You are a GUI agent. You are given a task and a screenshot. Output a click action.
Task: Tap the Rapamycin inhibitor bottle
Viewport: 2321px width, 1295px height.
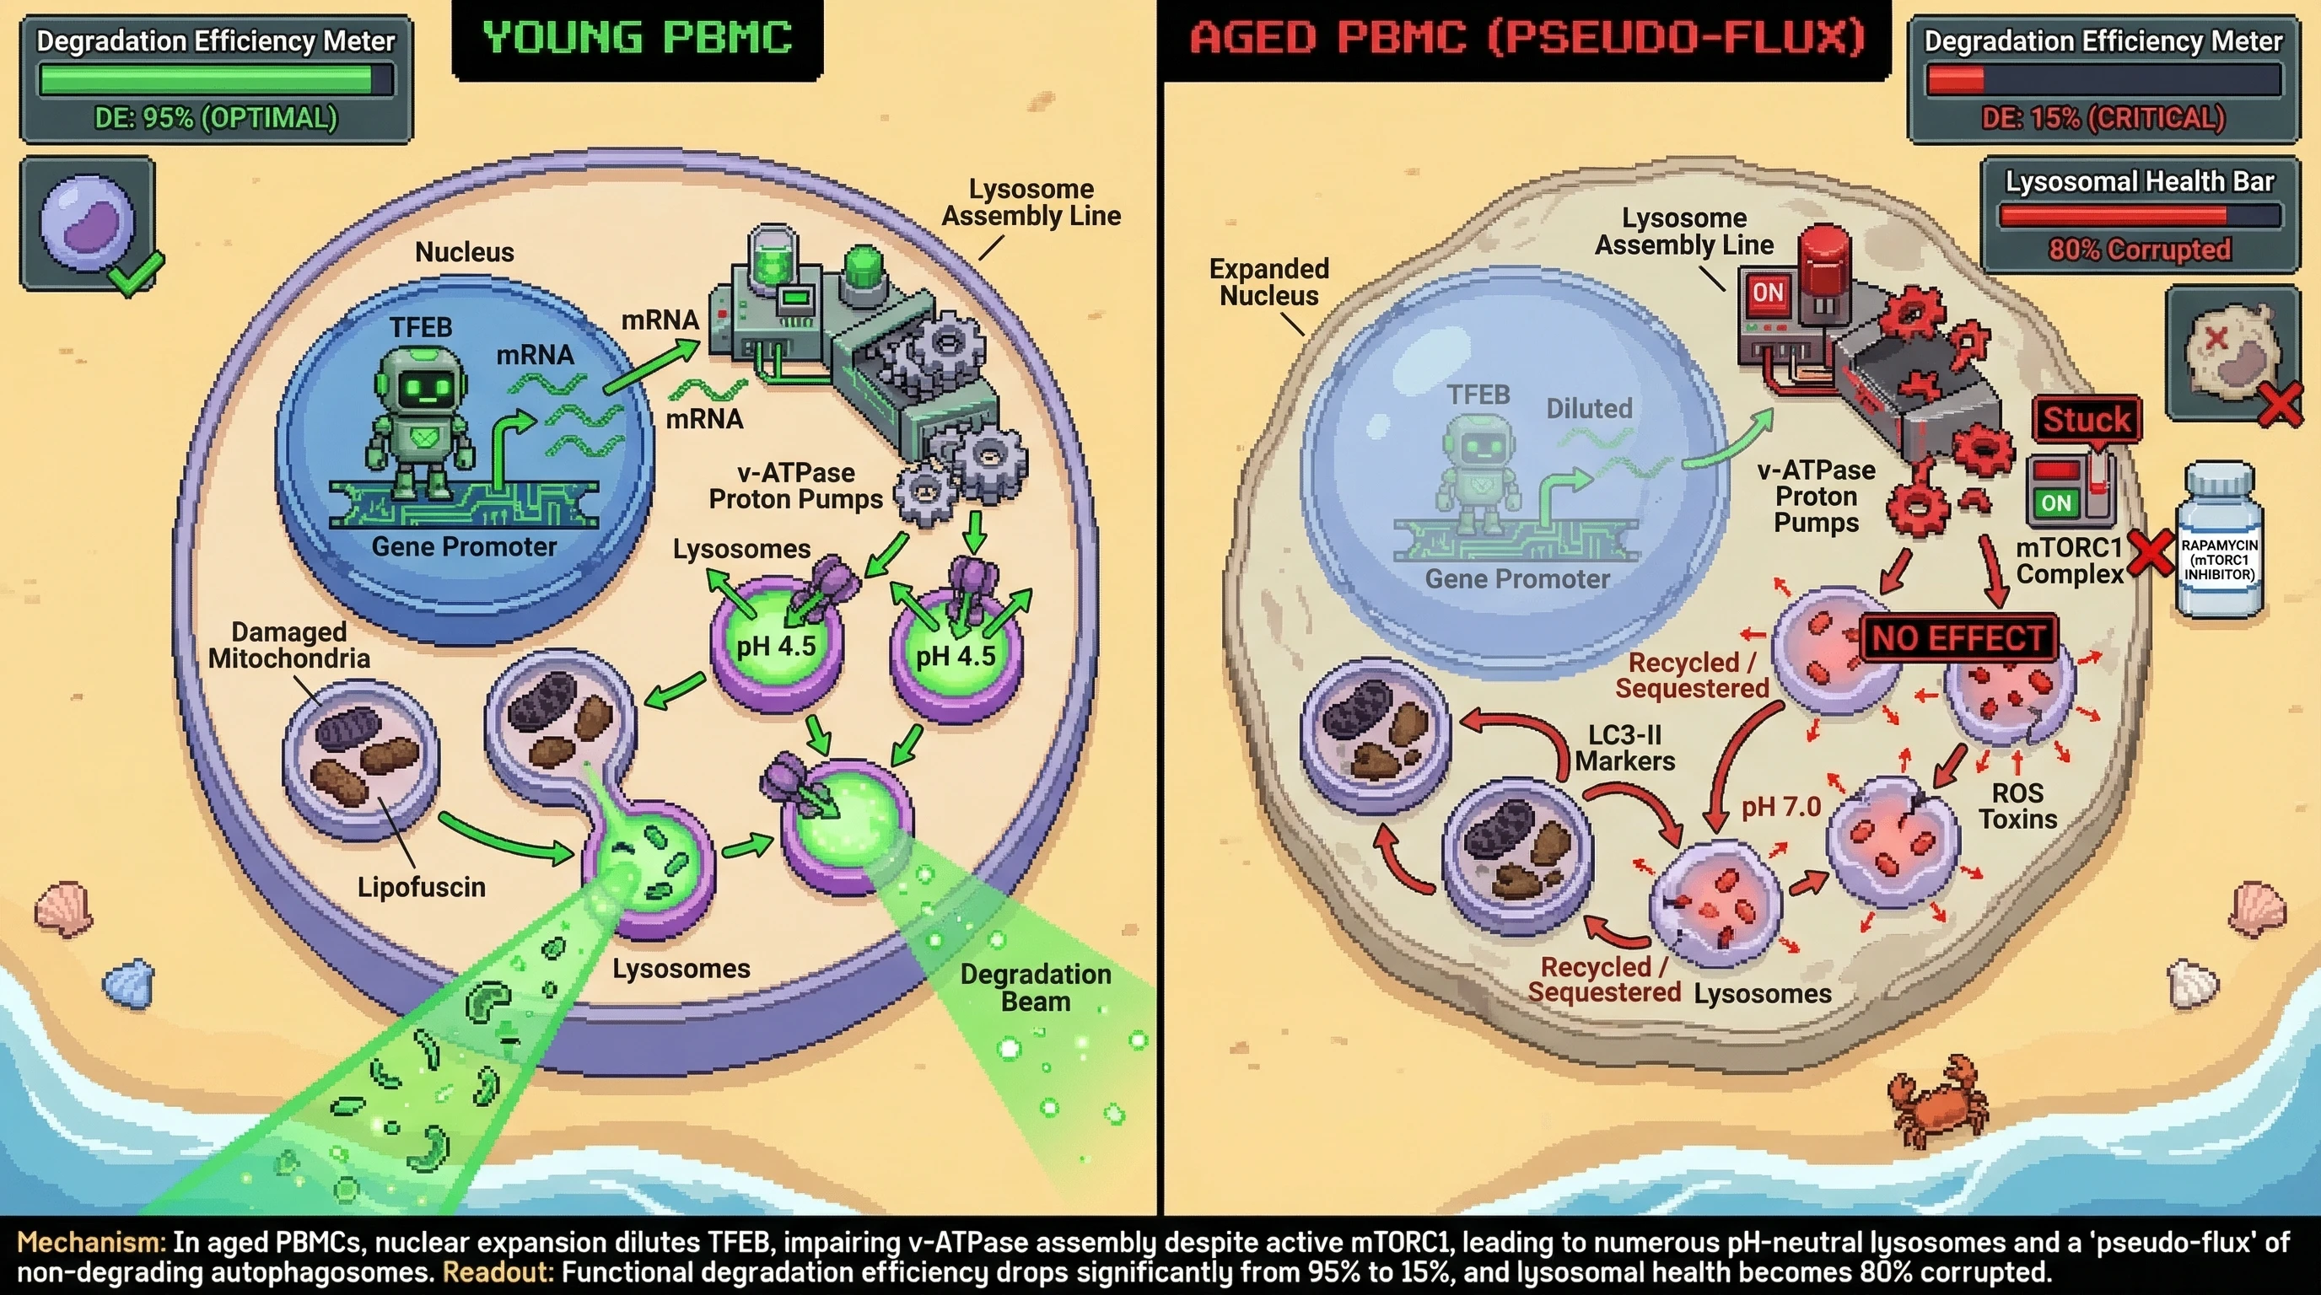(x=2217, y=544)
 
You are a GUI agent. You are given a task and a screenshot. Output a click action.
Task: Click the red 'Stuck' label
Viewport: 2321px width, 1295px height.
(x=2086, y=420)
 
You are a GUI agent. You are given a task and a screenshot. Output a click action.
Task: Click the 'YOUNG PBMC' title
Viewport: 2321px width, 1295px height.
(x=637, y=38)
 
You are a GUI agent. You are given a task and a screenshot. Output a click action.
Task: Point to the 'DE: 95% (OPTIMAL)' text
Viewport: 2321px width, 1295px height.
(x=215, y=118)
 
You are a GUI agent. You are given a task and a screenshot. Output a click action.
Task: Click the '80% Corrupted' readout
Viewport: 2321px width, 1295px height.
(x=2139, y=249)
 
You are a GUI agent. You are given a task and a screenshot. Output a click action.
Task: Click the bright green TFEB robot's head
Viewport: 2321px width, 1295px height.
(x=421, y=384)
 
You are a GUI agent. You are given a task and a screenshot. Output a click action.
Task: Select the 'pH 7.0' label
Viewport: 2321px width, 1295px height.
(x=1780, y=807)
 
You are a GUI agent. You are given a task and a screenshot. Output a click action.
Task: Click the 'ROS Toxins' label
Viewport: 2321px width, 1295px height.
(x=2017, y=806)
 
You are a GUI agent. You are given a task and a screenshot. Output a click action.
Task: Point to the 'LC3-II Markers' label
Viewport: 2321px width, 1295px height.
(x=1624, y=748)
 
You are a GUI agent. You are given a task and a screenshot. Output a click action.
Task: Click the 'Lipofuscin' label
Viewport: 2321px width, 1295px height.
(x=421, y=887)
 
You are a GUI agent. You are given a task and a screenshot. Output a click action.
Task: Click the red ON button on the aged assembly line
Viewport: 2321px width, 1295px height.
(x=1767, y=293)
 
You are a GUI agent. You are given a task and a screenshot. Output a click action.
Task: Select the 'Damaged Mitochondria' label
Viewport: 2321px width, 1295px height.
(x=288, y=645)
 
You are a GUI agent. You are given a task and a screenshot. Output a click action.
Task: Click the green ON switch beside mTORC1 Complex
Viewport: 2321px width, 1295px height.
(x=2055, y=502)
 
